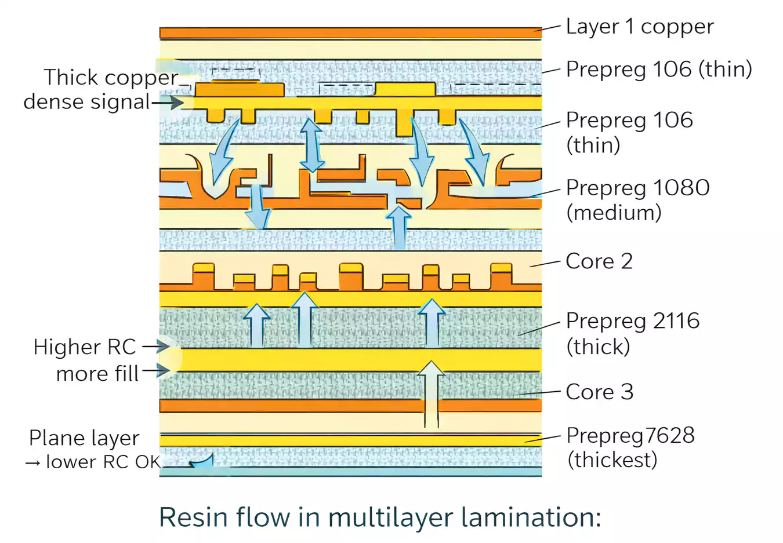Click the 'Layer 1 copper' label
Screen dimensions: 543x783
coord(639,27)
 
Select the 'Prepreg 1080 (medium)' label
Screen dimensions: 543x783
coord(637,200)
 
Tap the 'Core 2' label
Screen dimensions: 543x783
coord(599,261)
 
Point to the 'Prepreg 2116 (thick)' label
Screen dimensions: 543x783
coord(632,333)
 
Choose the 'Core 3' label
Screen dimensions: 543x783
coord(599,392)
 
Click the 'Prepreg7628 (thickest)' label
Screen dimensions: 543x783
coord(630,447)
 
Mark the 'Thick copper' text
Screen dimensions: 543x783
coord(111,78)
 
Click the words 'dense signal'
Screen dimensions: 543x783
coord(87,102)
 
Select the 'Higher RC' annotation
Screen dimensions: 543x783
coord(85,347)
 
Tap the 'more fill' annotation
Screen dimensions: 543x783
coord(97,374)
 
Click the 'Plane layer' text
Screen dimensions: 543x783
coord(84,438)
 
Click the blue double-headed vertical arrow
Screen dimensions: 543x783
coord(312,145)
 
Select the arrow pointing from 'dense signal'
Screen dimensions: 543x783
coord(168,103)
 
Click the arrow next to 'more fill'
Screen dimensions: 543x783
coord(156,370)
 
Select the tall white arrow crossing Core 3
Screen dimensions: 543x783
coord(431,394)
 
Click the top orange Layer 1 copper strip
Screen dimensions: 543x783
coord(350,33)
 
